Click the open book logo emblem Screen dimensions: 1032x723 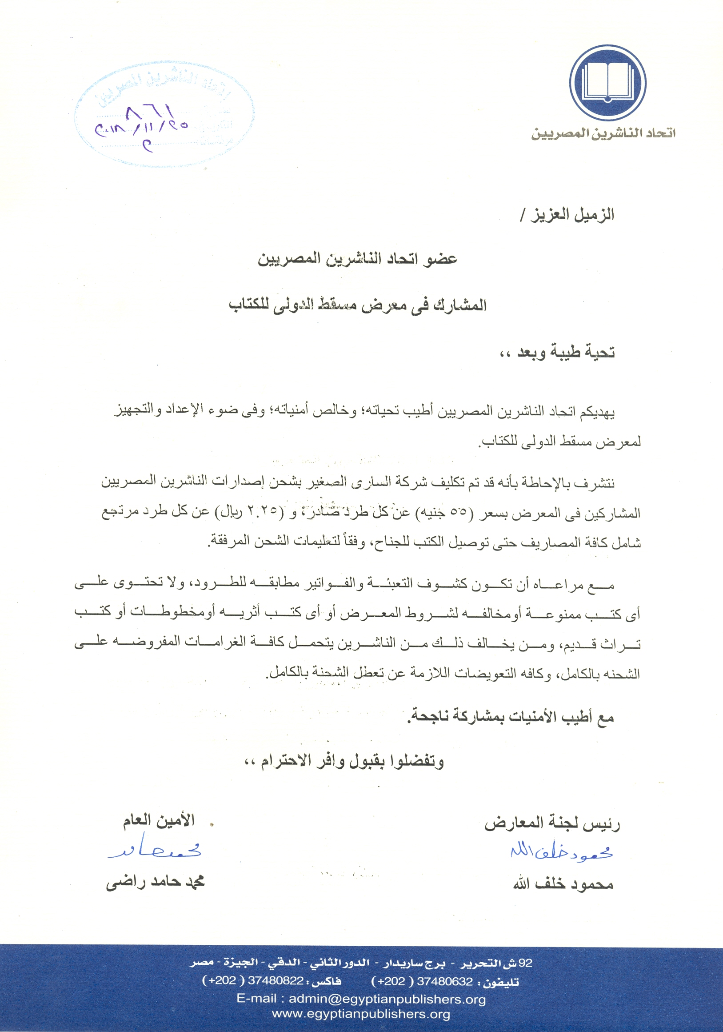[x=607, y=83]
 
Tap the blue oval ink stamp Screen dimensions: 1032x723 [x=164, y=116]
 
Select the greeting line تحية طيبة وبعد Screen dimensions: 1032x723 [x=557, y=353]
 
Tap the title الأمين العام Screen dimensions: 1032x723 [x=159, y=820]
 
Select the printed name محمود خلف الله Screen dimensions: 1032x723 [x=563, y=884]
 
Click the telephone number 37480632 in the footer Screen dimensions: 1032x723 [x=445, y=982]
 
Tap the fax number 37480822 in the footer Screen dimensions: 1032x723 [x=276, y=982]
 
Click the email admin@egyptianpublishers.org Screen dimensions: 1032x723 [x=387, y=999]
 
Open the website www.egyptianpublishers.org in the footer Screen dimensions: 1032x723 [x=361, y=1014]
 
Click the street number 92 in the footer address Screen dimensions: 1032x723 [x=525, y=963]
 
